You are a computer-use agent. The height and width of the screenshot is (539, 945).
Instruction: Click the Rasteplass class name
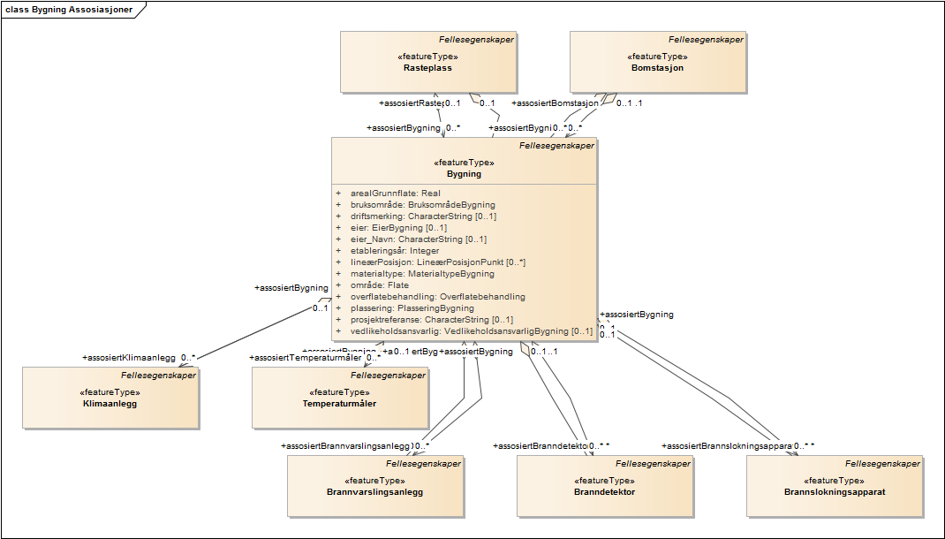point(428,67)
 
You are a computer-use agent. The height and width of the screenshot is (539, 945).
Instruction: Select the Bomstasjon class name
point(657,67)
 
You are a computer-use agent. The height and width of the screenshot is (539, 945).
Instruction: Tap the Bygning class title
point(464,174)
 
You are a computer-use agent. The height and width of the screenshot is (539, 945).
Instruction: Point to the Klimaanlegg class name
point(110,403)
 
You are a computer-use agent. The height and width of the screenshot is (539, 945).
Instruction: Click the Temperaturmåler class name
point(339,403)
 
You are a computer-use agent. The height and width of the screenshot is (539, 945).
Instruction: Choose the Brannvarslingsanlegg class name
point(374,491)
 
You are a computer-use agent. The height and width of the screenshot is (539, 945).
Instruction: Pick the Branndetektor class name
point(604,491)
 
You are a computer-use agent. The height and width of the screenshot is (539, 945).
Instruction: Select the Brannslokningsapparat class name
point(834,491)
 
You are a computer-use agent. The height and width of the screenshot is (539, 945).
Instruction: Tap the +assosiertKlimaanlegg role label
point(128,358)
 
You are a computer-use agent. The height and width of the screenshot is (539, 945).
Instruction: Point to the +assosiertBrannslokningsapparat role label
point(727,446)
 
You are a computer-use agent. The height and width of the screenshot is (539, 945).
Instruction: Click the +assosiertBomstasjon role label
point(556,103)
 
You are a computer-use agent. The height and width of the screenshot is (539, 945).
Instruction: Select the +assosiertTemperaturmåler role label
point(306,358)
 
